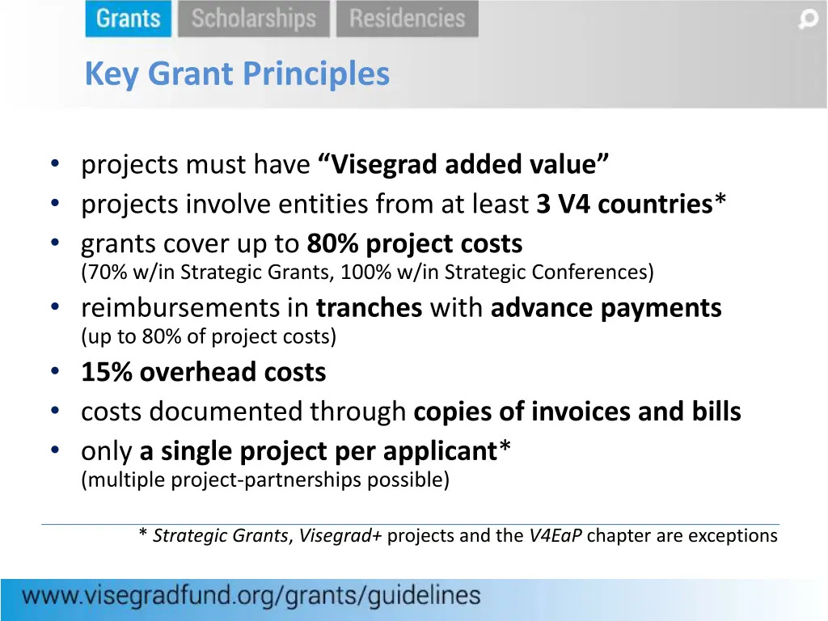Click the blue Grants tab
pyautogui.click(x=128, y=19)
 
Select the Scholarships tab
pyautogui.click(x=253, y=19)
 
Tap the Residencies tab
pyautogui.click(x=408, y=19)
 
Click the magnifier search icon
pyautogui.click(x=808, y=19)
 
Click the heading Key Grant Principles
pyautogui.click(x=237, y=74)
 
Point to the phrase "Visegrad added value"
pyautogui.click(x=464, y=165)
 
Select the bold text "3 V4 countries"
pyautogui.click(x=623, y=205)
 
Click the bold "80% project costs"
pyautogui.click(x=415, y=243)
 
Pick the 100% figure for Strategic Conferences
pyautogui.click(x=365, y=272)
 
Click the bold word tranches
pyautogui.click(x=370, y=308)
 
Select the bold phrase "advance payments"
pyautogui.click(x=606, y=308)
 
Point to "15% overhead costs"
pyautogui.click(x=204, y=372)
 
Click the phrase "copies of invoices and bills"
pyautogui.click(x=577, y=412)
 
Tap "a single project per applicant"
pyautogui.click(x=318, y=451)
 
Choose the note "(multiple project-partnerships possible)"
pyautogui.click(x=265, y=480)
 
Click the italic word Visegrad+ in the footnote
pyautogui.click(x=340, y=535)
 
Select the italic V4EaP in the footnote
pyautogui.click(x=556, y=535)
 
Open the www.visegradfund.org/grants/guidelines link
pyautogui.click(x=251, y=598)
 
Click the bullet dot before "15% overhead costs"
pyautogui.click(x=54, y=372)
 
